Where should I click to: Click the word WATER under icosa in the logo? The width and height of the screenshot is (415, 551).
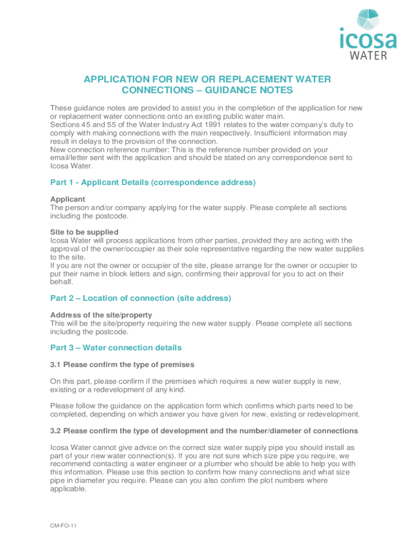[369, 55]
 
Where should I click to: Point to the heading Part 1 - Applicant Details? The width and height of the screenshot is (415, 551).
[153, 182]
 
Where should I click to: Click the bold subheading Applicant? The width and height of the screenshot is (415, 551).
[67, 199]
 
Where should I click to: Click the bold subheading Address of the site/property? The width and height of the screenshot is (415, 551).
[101, 315]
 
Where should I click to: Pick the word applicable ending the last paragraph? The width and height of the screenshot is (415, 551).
[68, 489]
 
